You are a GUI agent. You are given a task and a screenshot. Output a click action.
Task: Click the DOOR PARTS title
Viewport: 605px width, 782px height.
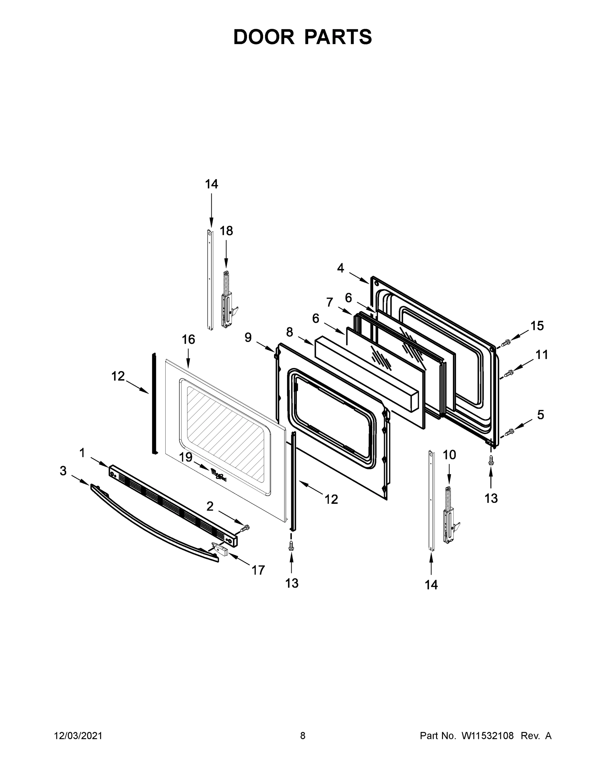(303, 37)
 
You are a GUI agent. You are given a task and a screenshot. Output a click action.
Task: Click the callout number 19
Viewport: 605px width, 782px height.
(186, 457)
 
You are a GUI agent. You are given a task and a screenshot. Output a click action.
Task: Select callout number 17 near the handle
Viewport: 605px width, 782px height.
(258, 570)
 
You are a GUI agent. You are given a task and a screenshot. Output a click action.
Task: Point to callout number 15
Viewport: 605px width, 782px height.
(537, 326)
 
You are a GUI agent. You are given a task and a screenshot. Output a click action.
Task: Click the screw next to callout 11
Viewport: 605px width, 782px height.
(508, 374)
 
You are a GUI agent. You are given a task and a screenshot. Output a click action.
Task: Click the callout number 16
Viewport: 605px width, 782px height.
(189, 340)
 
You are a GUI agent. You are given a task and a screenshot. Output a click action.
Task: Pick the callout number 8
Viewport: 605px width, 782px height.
(290, 332)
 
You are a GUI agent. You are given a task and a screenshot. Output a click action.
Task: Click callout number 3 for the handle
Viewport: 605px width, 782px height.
(63, 471)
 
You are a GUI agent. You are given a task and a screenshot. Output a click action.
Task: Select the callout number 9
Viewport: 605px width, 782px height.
(248, 337)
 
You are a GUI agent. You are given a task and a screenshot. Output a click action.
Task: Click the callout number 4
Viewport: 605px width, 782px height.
(340, 268)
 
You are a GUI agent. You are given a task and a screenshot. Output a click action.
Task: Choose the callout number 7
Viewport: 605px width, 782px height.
(330, 302)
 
